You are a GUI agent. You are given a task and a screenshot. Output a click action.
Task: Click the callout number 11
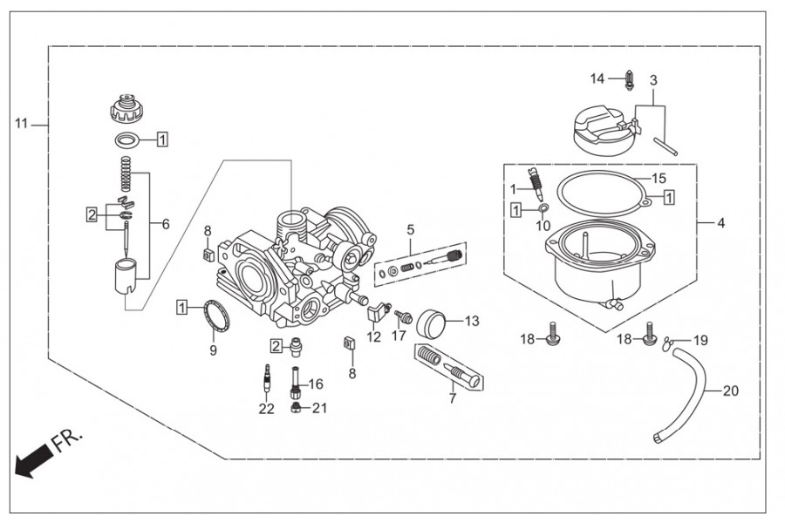(20, 125)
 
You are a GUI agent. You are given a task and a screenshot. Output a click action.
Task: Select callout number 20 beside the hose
(730, 391)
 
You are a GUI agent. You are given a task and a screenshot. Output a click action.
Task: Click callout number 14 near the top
(597, 78)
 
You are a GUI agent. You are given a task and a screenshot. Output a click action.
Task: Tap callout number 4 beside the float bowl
(720, 223)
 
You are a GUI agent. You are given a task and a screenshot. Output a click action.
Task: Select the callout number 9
(213, 350)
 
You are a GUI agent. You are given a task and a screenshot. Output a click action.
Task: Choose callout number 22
(266, 408)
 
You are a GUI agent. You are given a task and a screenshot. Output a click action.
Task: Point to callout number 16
(315, 383)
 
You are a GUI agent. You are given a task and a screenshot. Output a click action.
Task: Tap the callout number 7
(452, 398)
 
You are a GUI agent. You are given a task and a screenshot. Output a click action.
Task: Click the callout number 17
(399, 336)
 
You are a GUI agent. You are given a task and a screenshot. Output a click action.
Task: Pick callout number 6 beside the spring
(165, 223)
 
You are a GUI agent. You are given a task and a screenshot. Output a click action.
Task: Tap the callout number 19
(701, 339)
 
